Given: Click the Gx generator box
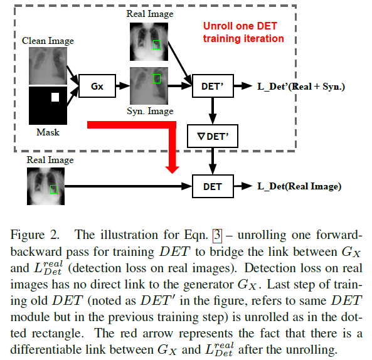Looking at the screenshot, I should point(97,86).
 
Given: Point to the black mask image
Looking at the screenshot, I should point(48,105).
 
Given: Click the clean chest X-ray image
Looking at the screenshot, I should point(48,66).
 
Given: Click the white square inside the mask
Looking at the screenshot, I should point(55,97).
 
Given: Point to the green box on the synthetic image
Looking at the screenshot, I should point(156,78).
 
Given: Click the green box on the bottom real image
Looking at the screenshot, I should point(53,188).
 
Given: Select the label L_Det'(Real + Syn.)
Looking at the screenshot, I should point(301,86).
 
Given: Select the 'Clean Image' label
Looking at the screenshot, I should point(48,41).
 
